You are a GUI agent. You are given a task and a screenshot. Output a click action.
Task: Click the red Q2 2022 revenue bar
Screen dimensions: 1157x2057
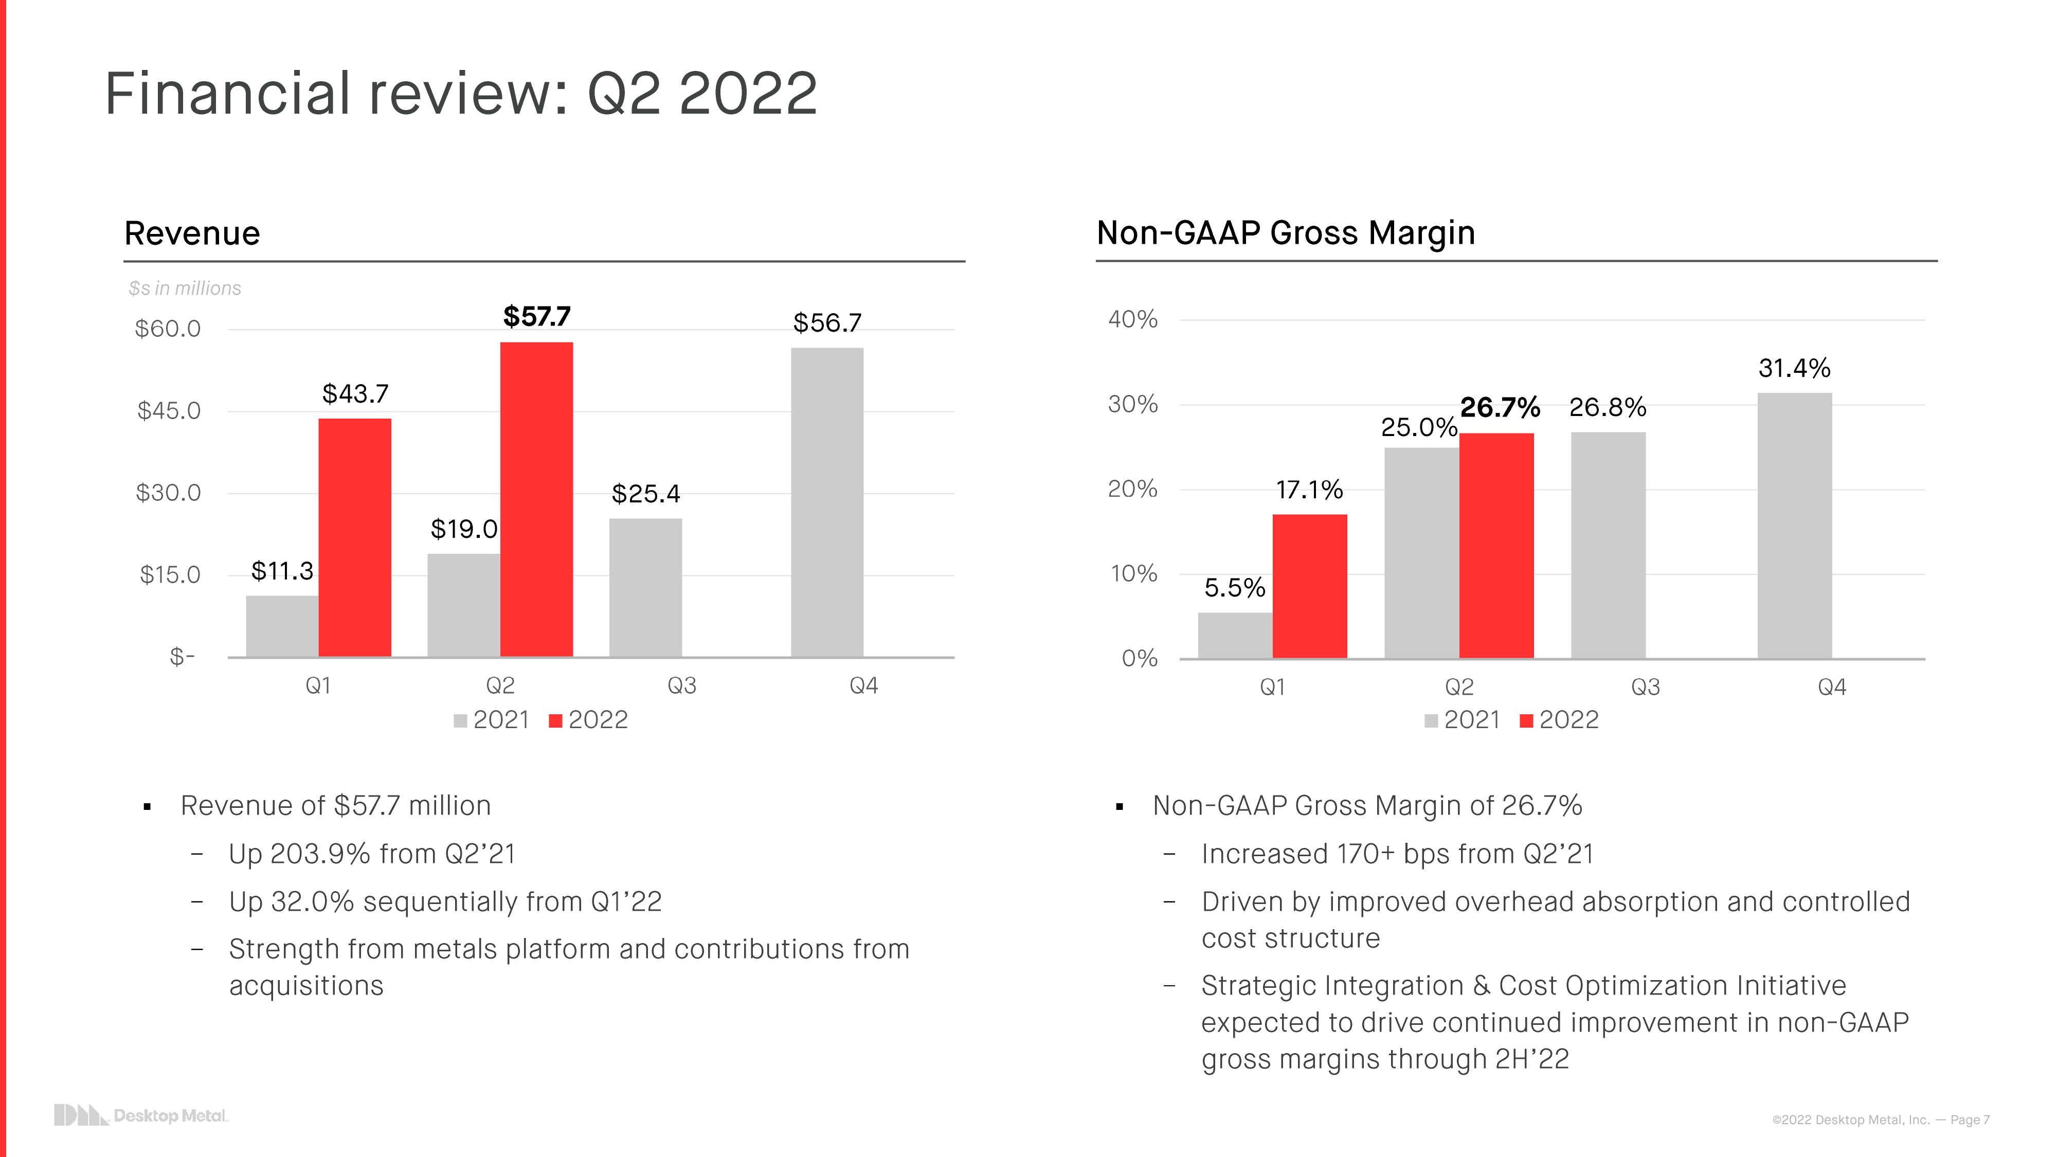536,499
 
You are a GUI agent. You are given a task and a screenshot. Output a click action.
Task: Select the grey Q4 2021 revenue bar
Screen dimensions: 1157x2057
827,502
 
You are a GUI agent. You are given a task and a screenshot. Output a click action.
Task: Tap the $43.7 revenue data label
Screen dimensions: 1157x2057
355,394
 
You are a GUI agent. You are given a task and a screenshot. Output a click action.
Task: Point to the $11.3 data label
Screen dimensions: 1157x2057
282,571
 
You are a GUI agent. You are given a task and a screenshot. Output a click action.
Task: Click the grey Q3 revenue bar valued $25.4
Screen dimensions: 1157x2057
645,588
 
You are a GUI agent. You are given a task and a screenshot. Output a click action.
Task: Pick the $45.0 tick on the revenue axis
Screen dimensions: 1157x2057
169,411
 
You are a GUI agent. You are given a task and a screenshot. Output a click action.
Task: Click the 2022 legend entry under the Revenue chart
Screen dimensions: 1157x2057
589,720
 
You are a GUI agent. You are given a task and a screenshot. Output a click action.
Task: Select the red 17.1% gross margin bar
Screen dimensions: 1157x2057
1310,586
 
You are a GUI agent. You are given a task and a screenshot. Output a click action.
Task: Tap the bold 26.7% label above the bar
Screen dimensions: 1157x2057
1500,407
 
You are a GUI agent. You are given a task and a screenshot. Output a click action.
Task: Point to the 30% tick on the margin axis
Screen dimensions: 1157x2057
1132,405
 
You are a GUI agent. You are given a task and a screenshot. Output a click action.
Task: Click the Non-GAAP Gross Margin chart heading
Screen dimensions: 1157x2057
1286,233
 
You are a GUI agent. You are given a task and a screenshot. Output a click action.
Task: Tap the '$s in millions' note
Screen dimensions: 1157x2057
185,288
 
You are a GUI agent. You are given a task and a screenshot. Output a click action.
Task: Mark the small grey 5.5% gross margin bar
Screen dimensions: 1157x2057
1235,636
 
